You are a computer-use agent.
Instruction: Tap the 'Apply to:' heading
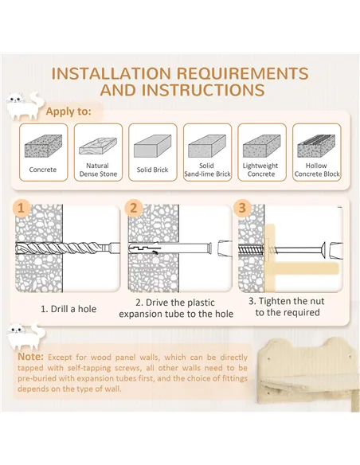68,111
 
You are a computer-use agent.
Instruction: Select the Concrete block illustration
43,146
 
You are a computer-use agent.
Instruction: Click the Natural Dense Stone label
98,170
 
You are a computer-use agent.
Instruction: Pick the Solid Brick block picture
152,146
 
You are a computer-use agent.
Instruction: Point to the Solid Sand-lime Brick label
207,170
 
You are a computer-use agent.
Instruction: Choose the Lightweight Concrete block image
261,146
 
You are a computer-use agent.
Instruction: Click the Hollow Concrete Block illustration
316,146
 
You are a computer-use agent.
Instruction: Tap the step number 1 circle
22,208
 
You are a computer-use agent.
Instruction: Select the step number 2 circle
134,208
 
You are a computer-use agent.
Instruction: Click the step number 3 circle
243,208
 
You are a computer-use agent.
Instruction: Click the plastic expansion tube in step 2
170,248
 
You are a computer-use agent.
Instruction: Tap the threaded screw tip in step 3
251,249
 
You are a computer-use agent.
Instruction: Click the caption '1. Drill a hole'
68,309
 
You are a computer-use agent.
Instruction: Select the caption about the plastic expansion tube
176,308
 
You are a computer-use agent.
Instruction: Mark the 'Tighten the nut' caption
287,307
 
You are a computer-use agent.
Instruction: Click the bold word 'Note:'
30,357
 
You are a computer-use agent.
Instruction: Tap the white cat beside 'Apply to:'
23,106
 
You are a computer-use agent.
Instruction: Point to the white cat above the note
26,337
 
